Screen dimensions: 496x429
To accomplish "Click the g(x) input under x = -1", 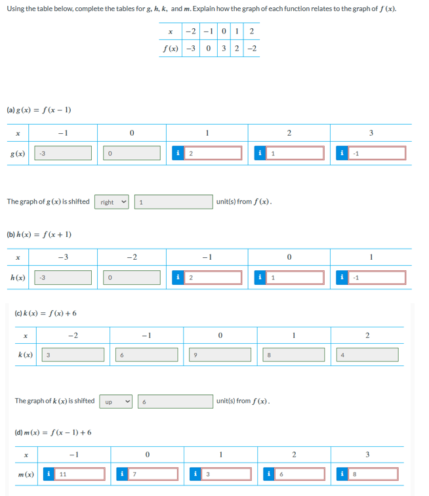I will pos(63,153).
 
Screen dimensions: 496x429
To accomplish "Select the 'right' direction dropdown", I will pos(115,202).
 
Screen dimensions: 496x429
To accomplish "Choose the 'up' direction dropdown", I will pos(117,401).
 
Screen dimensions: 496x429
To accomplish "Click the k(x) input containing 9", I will pos(218,355).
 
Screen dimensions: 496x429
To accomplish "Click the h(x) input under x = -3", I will pos(63,278).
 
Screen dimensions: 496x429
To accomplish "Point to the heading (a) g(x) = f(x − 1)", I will pos(39,110).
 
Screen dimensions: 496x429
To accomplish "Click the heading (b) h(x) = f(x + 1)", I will pos(39,234).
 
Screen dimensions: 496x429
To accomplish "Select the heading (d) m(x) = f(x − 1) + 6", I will pos(52,432).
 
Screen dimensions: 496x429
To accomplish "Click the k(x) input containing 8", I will pos(292,355).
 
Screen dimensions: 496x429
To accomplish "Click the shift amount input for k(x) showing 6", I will pos(176,401).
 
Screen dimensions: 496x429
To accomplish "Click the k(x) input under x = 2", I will pos(366,355).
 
